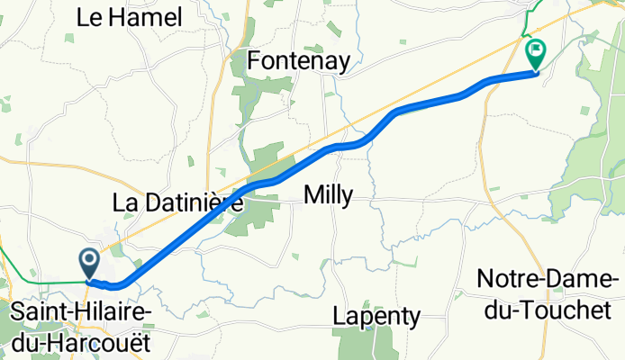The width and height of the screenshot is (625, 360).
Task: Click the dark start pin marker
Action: (90, 263)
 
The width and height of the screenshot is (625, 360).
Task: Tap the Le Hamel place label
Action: (131, 17)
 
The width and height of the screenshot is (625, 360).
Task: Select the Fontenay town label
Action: (298, 61)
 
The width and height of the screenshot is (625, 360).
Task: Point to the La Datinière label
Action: (177, 203)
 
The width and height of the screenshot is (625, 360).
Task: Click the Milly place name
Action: (329, 194)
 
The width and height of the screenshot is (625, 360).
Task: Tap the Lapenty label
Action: (376, 316)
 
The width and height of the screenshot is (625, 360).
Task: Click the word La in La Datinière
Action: (123, 203)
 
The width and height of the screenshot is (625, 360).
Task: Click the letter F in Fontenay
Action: (255, 61)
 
